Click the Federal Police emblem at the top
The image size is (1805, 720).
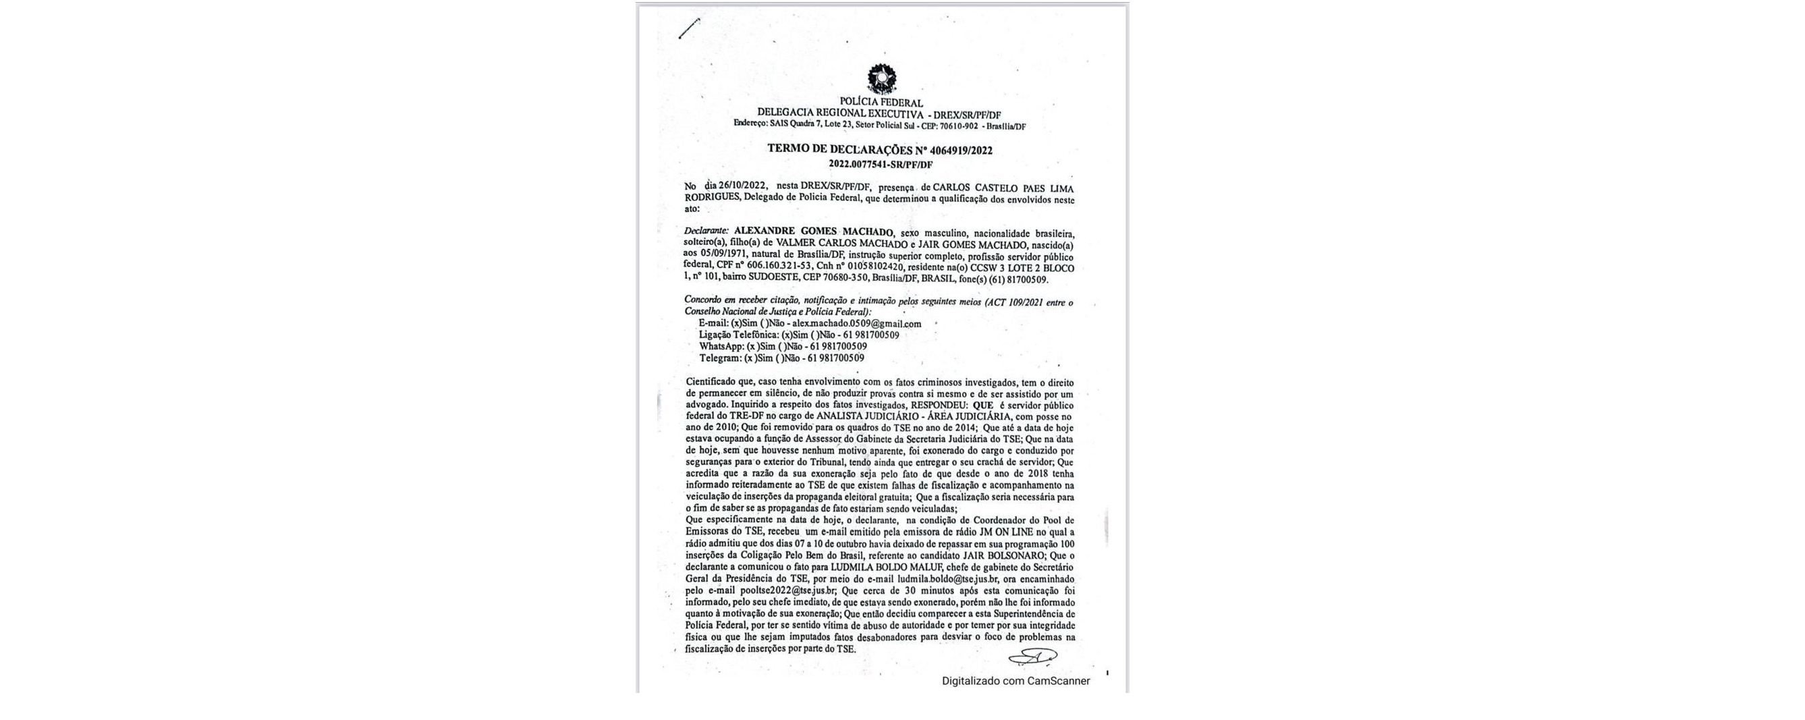[x=881, y=78]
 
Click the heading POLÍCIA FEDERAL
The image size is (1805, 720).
[x=881, y=103]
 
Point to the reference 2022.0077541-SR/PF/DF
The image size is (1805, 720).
[x=881, y=165]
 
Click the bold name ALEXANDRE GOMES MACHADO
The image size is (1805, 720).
[x=814, y=232]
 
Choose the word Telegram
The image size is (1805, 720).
[x=719, y=358]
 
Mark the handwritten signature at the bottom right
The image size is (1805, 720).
[x=1032, y=657]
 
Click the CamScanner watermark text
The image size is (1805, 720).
[x=1016, y=681]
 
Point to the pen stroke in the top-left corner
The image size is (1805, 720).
[x=689, y=28]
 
